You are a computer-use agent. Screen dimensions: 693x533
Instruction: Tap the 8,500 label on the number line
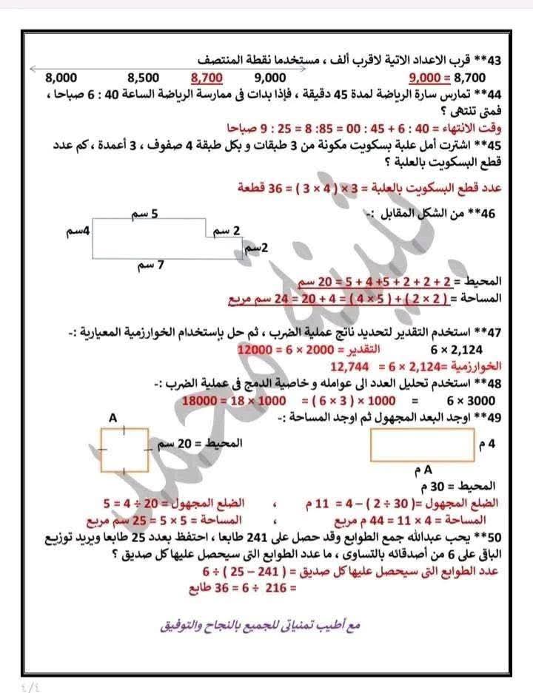tap(144, 77)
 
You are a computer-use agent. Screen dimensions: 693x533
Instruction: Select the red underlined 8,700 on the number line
tap(207, 77)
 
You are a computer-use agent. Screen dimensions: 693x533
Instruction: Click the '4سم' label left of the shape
tap(77, 231)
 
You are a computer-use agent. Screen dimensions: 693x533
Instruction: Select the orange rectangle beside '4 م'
tap(421, 446)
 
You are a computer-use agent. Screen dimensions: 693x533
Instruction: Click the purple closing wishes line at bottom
tap(260, 626)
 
